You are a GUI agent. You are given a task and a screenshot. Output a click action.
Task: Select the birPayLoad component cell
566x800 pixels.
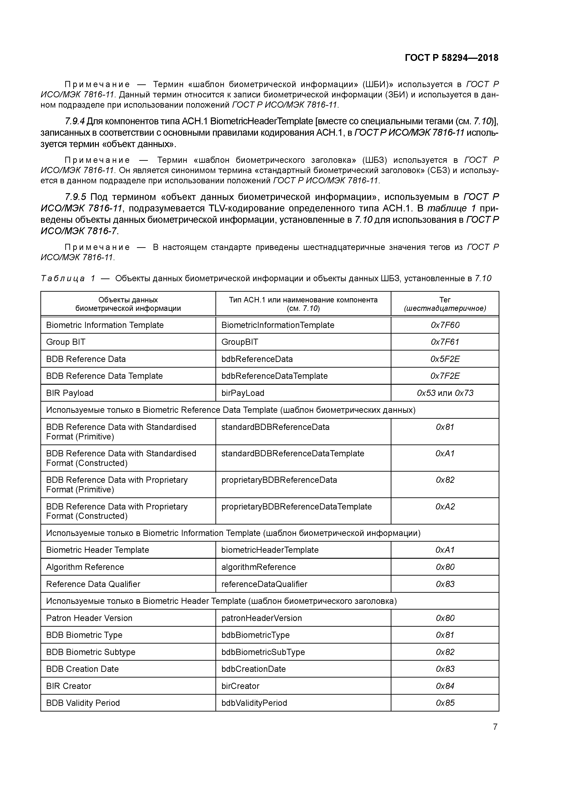[x=243, y=393]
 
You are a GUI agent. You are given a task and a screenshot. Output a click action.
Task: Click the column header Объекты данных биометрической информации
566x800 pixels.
[x=128, y=304]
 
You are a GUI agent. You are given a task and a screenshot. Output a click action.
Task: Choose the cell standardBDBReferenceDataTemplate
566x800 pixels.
[x=293, y=453]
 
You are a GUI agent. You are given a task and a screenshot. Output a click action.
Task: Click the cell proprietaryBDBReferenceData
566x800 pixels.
[x=279, y=480]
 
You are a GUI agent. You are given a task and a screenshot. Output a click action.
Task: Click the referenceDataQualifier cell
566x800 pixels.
[x=264, y=584]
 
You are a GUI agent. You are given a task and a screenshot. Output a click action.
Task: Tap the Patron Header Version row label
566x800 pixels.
[x=89, y=618]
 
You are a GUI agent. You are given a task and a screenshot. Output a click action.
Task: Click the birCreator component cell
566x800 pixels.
[x=240, y=686]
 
